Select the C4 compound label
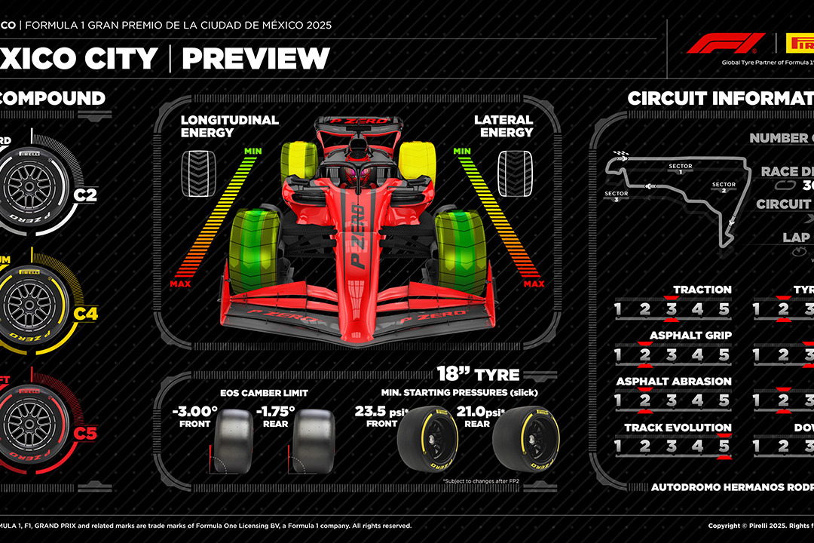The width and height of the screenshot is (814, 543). [85, 314]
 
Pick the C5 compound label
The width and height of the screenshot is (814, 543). [85, 433]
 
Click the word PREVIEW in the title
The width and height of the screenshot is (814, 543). [256, 59]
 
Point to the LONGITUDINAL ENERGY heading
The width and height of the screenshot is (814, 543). [229, 126]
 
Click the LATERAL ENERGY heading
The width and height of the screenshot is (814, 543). [503, 126]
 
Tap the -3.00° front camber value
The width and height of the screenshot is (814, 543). [194, 413]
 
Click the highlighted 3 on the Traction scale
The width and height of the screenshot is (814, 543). [671, 309]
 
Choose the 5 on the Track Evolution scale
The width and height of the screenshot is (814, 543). [724, 446]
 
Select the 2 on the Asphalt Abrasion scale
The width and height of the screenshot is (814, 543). [644, 400]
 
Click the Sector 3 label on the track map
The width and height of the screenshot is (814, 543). [616, 196]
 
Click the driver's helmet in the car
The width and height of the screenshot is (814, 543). [354, 176]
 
